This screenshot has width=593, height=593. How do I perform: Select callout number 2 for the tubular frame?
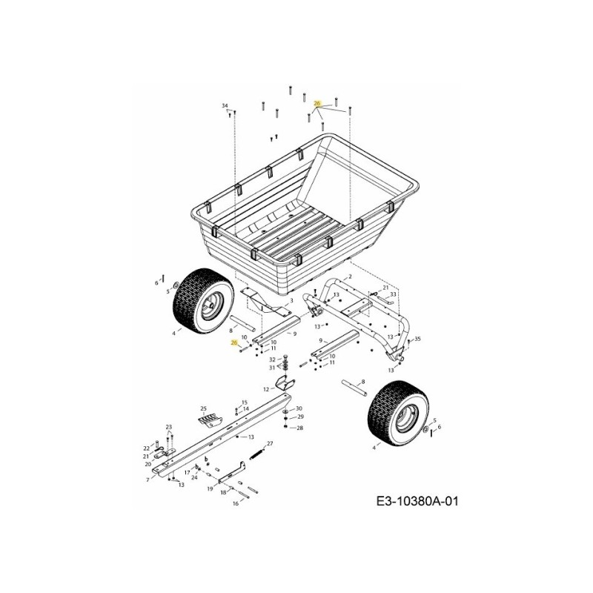(x=349, y=276)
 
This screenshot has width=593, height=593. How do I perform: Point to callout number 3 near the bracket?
(x=291, y=300)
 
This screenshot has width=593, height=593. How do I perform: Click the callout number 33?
(x=394, y=294)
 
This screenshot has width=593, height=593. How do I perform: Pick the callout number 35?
(x=418, y=339)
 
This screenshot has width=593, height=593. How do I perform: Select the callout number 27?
(x=271, y=443)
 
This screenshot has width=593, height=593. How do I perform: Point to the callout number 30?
(x=299, y=408)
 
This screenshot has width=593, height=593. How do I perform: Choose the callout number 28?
(x=299, y=428)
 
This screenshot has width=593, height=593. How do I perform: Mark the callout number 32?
(x=272, y=360)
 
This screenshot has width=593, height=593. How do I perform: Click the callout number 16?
(x=236, y=503)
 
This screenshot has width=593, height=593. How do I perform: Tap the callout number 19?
(x=211, y=488)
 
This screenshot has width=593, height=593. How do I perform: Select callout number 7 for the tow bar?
(x=148, y=480)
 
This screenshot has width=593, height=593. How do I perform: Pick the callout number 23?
(x=168, y=427)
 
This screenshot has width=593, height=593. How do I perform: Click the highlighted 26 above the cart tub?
(x=317, y=103)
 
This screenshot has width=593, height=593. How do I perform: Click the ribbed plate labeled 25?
(x=210, y=419)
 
